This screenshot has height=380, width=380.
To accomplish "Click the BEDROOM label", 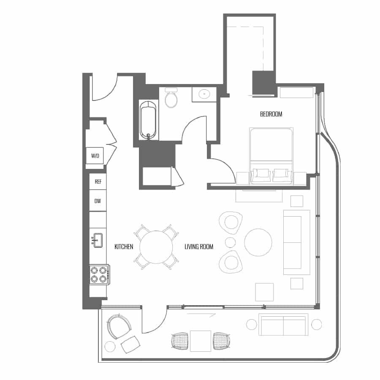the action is coord(271,114).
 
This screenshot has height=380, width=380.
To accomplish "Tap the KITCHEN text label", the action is coord(124,247).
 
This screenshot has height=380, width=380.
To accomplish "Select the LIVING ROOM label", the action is coord(199,247).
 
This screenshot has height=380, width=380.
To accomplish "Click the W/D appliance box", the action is coord(95,155).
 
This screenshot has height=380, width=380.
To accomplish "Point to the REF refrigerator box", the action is coord(98,182).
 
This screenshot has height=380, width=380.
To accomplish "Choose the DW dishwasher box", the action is coord(98,201).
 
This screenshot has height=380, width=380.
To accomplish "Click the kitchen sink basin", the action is coord(98,240).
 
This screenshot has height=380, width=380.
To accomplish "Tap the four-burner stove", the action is coord(99,274).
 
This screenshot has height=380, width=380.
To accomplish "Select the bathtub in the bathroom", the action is coord(148,121).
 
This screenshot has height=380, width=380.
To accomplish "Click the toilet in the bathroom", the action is coord(171,98).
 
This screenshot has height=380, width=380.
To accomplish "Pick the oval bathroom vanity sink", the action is coord(204,94).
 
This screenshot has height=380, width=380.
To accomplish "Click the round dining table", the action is coord(156,247).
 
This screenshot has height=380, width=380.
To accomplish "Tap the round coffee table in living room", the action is coord(258,242).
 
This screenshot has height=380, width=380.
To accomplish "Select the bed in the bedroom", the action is coord(271,156).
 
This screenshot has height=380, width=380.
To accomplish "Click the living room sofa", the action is coord(297,242).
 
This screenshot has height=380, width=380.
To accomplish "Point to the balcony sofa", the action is coord(283,325).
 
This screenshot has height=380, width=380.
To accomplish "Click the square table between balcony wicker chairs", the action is coord(201,341).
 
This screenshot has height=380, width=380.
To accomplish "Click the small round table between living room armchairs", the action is coord(230,242).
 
